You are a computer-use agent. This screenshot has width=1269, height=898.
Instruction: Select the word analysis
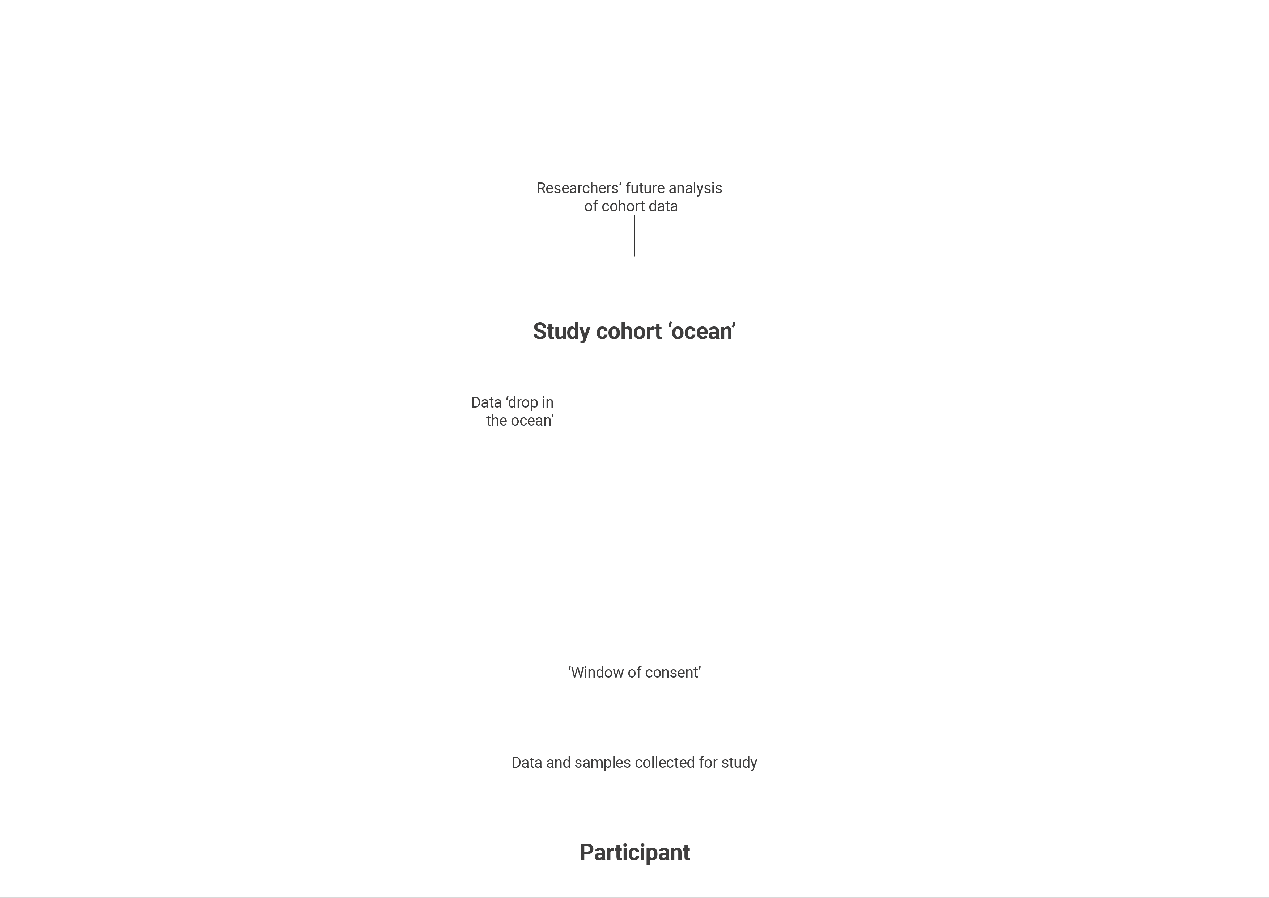click(695, 189)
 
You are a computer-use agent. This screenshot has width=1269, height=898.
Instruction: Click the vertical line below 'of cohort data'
click(634, 236)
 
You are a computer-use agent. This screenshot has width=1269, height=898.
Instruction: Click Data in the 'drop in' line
click(487, 402)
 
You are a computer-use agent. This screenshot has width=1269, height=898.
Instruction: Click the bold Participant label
click(634, 853)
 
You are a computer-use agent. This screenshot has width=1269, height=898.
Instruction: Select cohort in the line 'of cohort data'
click(623, 206)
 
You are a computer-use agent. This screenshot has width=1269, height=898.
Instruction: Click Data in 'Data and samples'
click(527, 763)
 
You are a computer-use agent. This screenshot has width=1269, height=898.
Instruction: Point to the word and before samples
click(558, 763)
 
